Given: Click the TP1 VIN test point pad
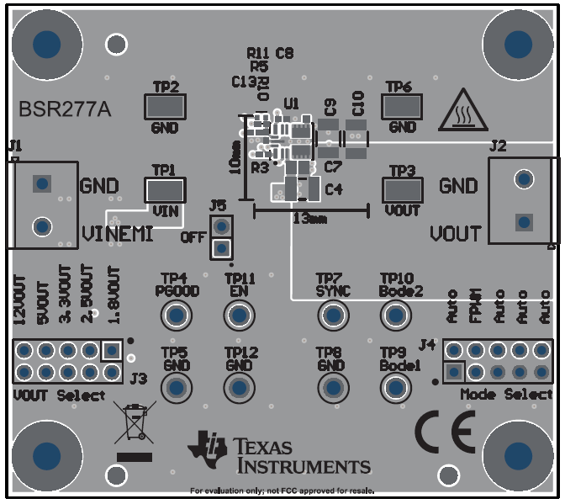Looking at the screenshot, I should (x=166, y=189).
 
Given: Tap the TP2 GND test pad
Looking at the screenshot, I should (x=166, y=107).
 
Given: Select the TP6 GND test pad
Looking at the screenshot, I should (x=402, y=107).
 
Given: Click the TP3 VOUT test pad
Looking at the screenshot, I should (x=402, y=189).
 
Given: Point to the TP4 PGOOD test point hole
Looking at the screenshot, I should (x=177, y=316).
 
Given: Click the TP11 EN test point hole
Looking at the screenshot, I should (x=240, y=316).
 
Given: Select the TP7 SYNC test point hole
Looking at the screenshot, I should (x=331, y=316).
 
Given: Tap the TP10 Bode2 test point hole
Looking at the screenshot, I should (x=395, y=316).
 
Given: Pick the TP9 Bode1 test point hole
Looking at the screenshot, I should (x=395, y=388).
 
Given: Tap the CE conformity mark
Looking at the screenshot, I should (x=445, y=432).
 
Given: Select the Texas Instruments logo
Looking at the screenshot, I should (x=280, y=454).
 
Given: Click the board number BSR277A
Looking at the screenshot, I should (x=64, y=109).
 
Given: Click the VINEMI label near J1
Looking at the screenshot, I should (x=118, y=233).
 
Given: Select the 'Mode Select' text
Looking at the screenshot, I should (x=506, y=395).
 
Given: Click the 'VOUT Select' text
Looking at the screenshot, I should (x=60, y=395).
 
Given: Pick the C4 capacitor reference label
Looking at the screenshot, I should (x=333, y=189).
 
